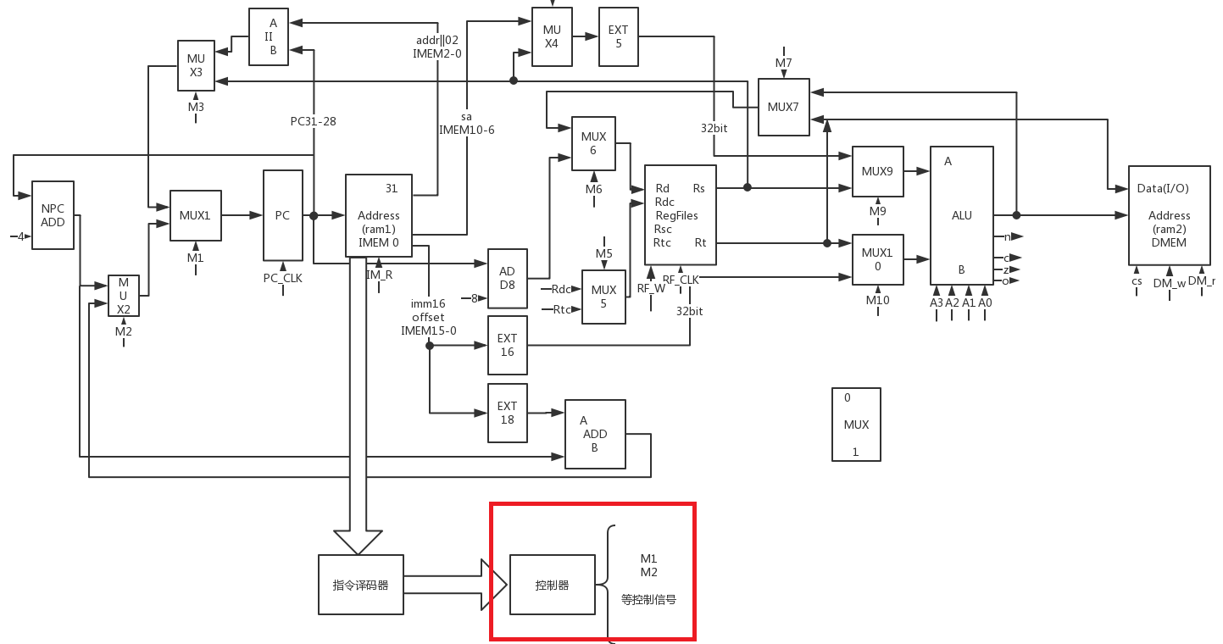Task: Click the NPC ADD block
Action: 53,215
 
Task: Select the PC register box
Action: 282,215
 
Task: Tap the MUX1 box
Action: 195,215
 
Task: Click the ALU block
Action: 961,215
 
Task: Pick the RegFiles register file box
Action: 680,215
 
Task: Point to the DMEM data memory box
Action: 1169,215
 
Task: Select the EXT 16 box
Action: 507,345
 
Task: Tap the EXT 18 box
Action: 507,413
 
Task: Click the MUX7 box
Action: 783,107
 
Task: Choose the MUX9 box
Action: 877,171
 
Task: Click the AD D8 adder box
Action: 507,278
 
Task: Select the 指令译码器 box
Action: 360,585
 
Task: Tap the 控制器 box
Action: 552,585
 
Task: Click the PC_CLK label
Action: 282,277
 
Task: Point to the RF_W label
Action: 651,288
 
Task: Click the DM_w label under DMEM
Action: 1169,284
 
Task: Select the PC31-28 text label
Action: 313,121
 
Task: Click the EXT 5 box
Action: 618,36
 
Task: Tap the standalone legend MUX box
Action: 856,425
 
